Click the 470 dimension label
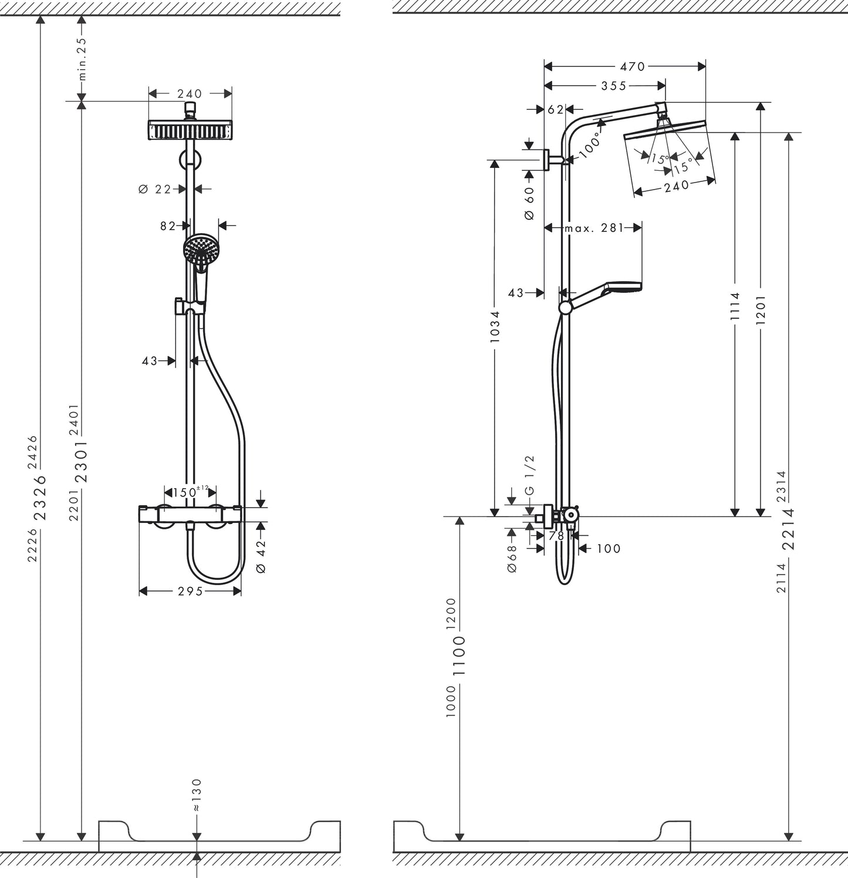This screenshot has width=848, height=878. coord(632,66)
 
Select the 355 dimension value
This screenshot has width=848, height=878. coord(614,86)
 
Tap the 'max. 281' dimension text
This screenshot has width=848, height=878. coord(594,228)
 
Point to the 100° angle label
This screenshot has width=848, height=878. coord(590,145)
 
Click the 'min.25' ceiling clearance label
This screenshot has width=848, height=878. coord(82,59)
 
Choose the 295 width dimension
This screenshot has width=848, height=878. coord(190,591)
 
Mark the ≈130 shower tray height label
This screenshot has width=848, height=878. coord(197,795)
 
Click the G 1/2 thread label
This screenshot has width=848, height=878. coord(529,482)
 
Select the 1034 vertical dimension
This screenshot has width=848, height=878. coord(495,327)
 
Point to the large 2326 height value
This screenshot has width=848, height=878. coord(40,497)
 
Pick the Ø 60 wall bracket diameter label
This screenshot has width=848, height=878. coord(529,203)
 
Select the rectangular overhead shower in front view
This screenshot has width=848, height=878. coord(190,130)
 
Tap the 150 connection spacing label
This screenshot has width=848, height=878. coord(185,492)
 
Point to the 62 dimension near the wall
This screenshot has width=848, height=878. coord(555,109)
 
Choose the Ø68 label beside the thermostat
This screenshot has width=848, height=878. coord(512,558)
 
